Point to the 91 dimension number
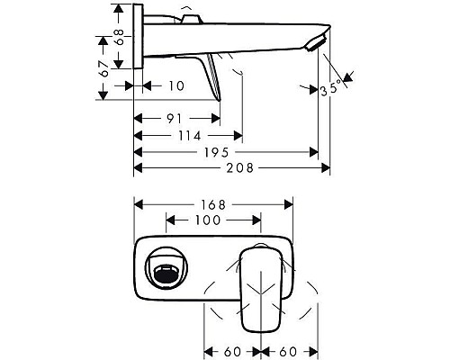[x=176, y=118]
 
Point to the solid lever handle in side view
[x=212, y=76]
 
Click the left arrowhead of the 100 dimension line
[x=170, y=220]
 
